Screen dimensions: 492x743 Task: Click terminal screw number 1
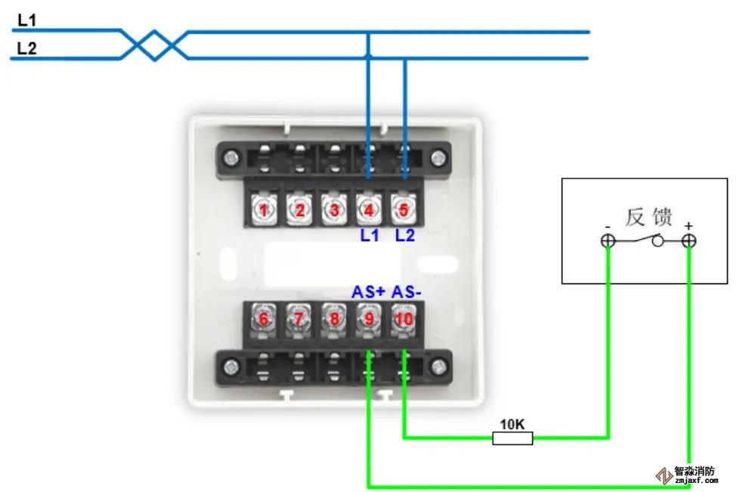264,210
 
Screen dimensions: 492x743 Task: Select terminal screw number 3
334,210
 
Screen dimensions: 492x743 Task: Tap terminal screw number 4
369,210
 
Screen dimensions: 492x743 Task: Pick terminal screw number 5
404,210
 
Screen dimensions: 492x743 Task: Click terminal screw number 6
264,319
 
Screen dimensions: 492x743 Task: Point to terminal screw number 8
334,319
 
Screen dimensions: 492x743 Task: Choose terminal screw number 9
369,319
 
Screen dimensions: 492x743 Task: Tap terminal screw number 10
404,319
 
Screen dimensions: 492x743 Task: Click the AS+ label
368,292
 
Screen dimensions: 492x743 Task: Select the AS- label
406,292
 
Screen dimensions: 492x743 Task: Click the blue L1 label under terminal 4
369,236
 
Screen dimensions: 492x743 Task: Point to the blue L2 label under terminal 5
405,236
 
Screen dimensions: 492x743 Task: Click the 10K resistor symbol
512,438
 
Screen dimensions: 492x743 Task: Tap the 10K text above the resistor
512,424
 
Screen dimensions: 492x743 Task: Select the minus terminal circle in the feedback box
608,241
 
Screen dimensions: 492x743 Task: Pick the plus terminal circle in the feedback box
689,241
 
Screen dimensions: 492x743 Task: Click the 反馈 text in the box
649,218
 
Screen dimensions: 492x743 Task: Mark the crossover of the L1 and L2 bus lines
155,45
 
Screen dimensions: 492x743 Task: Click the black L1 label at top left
27,21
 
